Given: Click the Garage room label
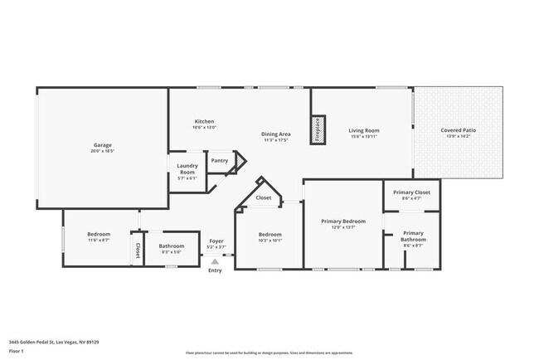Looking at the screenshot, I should pos(102,145).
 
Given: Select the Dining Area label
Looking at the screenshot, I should pos(275,134).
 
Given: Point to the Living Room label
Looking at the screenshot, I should pos(363,130).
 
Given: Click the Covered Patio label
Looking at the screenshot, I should pos(458,130).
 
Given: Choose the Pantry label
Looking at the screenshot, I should pos(220,160).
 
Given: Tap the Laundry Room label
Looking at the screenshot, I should pos(187,168).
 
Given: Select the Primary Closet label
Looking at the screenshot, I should pos(411,192).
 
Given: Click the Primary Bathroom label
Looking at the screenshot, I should pos(412,236).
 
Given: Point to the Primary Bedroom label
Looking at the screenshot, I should pos(343,221).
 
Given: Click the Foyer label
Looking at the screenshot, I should pos(216,241).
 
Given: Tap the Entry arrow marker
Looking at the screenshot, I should pos(215,260).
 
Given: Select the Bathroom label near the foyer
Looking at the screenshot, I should pos(172,246).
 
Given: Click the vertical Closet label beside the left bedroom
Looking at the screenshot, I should pos(138,250).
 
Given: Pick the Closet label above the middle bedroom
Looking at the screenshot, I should pos(263,198).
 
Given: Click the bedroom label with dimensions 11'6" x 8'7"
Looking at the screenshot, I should pos(99,234).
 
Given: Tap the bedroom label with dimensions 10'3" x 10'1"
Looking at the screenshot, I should pos(269,234).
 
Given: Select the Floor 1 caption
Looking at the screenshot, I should pos(17,351).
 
